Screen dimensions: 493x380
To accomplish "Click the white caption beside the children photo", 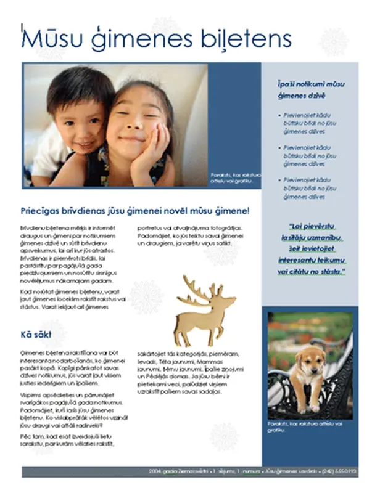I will [x=235, y=177].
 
